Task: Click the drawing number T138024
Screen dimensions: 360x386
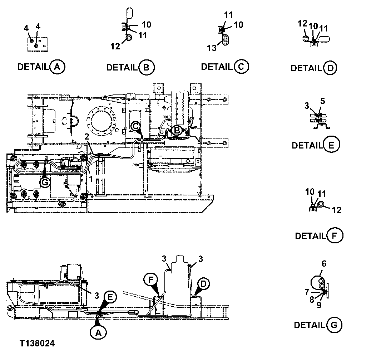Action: pos(37,344)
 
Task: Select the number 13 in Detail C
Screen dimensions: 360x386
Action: pos(212,48)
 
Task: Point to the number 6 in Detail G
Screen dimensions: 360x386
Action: pos(324,264)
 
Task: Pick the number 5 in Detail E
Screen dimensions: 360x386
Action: pos(322,101)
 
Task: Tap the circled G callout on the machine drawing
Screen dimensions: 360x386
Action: pos(45,182)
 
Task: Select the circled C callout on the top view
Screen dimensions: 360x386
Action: pos(135,126)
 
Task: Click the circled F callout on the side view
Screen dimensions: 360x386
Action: pos(150,278)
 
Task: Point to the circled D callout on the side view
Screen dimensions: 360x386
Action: pos(203,284)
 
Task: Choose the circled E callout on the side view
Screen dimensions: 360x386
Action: pos(110,297)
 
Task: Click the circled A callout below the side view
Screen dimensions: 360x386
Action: pos(99,332)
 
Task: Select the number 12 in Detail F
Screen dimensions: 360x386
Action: pos(336,210)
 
